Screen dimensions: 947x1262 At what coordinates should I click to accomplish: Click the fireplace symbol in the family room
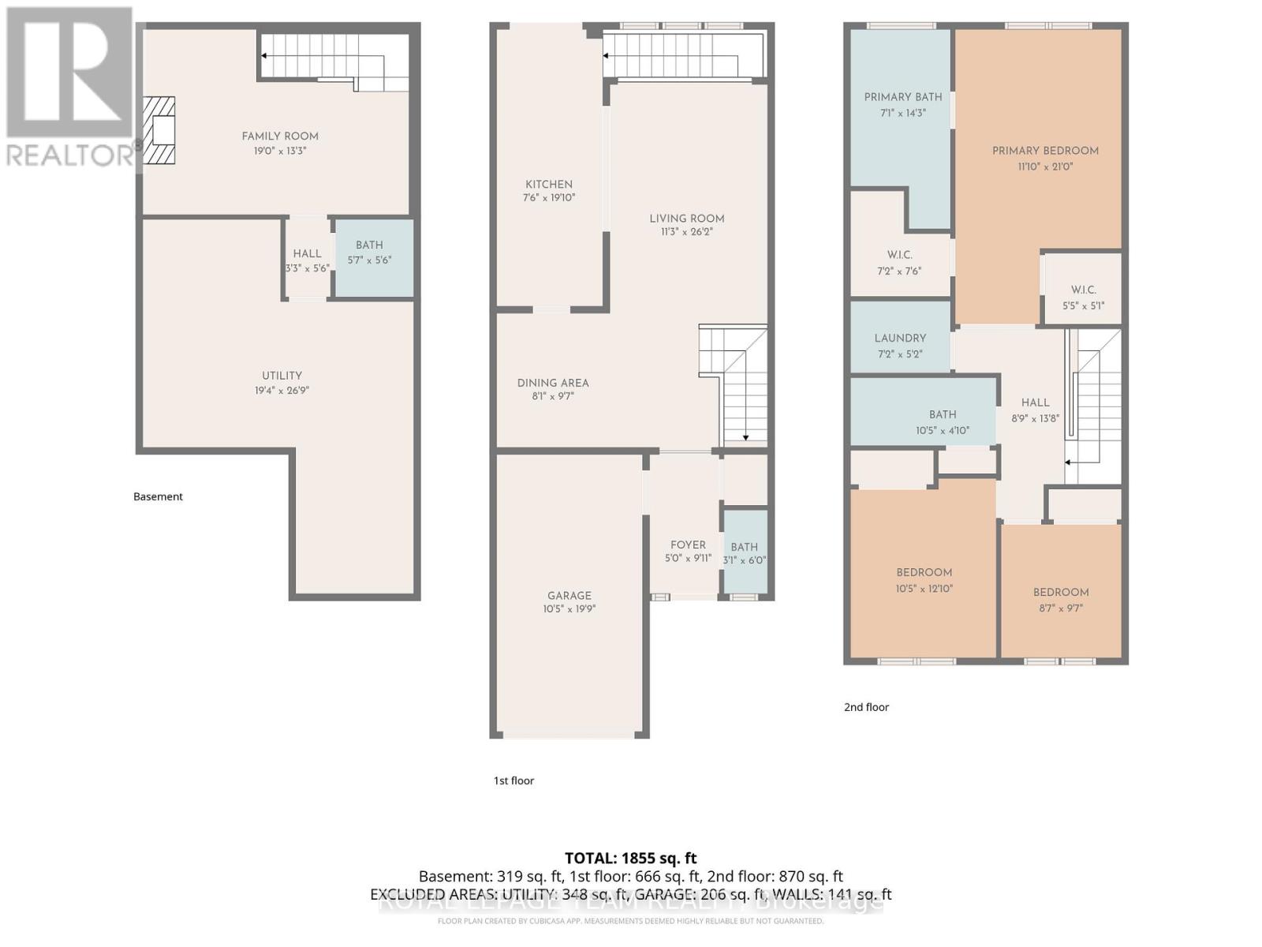(x=159, y=130)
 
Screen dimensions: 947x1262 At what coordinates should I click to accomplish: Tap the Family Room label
(x=280, y=137)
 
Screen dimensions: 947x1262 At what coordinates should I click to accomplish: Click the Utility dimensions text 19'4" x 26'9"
(x=282, y=391)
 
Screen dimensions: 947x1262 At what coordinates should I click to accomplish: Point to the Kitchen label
(x=549, y=184)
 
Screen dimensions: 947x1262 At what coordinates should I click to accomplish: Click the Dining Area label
(x=553, y=383)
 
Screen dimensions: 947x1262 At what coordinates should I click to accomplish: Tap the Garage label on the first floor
(x=569, y=596)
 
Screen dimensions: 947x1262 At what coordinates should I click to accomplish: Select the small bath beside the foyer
(x=745, y=552)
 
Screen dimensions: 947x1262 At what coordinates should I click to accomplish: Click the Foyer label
(x=688, y=545)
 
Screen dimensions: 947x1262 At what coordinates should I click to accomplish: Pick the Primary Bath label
(x=902, y=97)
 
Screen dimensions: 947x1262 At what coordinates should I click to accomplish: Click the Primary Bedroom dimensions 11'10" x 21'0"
(x=1045, y=167)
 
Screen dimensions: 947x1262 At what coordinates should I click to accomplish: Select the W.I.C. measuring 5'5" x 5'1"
(x=1083, y=297)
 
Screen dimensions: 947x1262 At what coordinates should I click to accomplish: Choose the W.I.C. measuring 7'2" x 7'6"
(x=899, y=262)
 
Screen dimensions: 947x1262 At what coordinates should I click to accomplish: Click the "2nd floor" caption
(x=866, y=707)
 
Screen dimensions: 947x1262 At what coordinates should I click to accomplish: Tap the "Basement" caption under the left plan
(x=158, y=496)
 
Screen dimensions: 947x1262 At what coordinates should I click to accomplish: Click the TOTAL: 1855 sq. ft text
(x=630, y=858)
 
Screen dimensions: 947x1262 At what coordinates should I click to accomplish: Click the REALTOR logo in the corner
(x=69, y=87)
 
